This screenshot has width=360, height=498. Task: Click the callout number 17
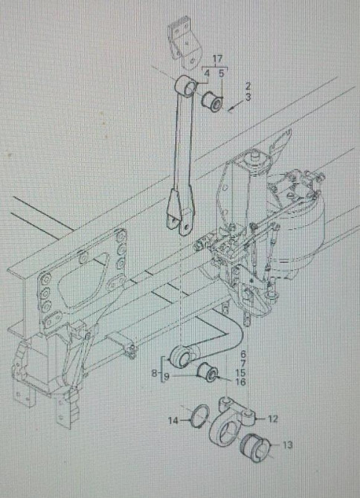(x=217, y=59)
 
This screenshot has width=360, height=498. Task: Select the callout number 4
(x=207, y=74)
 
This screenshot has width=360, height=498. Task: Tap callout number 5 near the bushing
(x=222, y=74)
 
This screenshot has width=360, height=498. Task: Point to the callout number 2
(x=248, y=86)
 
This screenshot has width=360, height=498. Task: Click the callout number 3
(x=248, y=97)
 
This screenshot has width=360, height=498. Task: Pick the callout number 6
(x=243, y=354)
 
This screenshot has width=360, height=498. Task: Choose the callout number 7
(x=243, y=363)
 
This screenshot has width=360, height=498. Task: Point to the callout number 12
(x=273, y=419)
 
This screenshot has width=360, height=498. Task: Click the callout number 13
(x=287, y=445)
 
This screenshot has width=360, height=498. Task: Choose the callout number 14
(x=173, y=421)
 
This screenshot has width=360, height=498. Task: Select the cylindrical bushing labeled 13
(x=254, y=447)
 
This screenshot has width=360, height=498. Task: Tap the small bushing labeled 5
(x=213, y=101)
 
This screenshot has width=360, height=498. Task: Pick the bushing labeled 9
(x=207, y=372)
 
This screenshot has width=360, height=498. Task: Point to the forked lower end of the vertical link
(x=179, y=212)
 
